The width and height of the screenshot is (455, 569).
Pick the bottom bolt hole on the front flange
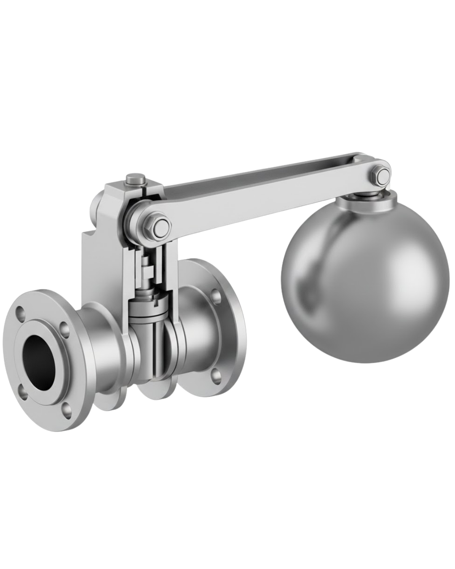66,409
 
